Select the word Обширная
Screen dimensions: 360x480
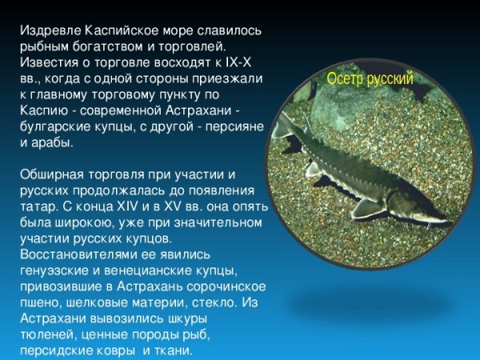pos(49,174)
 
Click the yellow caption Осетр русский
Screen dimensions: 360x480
pos(370,78)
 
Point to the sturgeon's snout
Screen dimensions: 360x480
pos(440,217)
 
